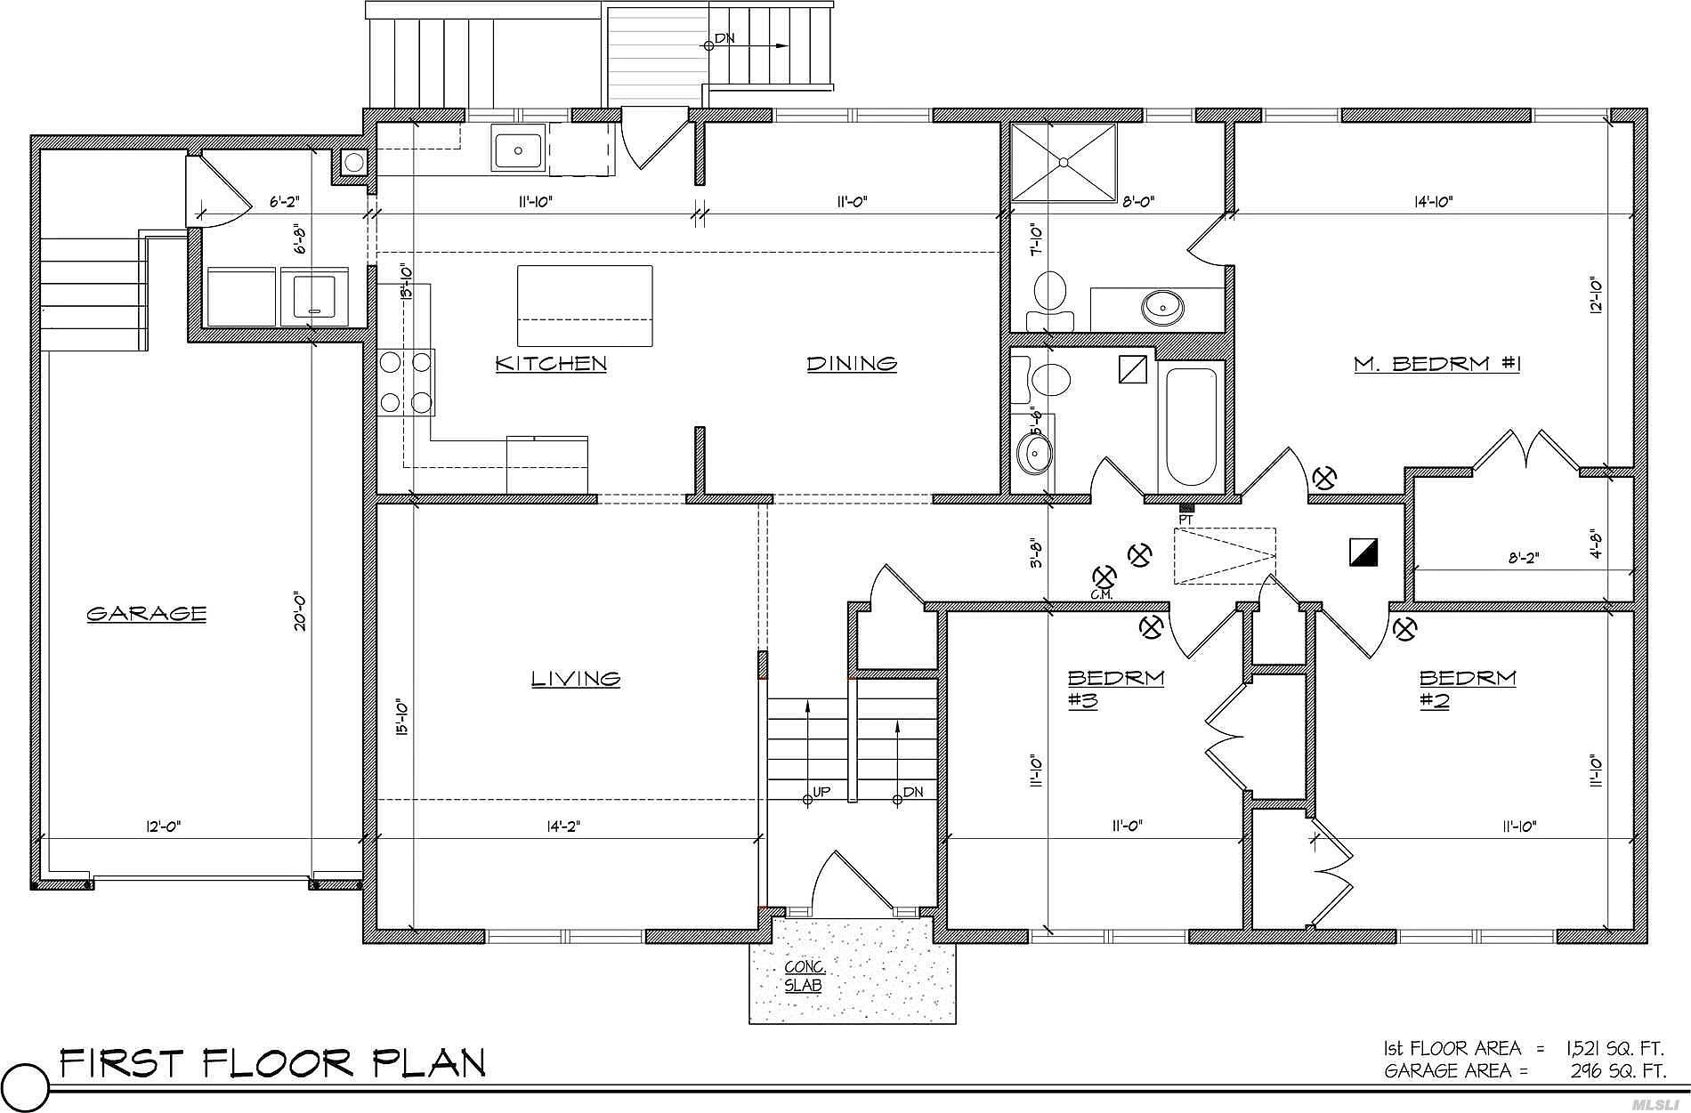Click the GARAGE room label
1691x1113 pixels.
147,613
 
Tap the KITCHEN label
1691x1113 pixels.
551,363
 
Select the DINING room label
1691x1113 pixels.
852,363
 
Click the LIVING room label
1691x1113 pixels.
576,679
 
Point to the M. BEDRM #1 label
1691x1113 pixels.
1436,363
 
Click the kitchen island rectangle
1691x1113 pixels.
585,305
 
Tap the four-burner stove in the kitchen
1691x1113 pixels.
407,383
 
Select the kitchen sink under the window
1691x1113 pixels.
518,149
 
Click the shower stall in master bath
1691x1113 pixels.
1064,162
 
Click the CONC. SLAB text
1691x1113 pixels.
805,976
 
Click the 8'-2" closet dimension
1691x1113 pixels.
1523,559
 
